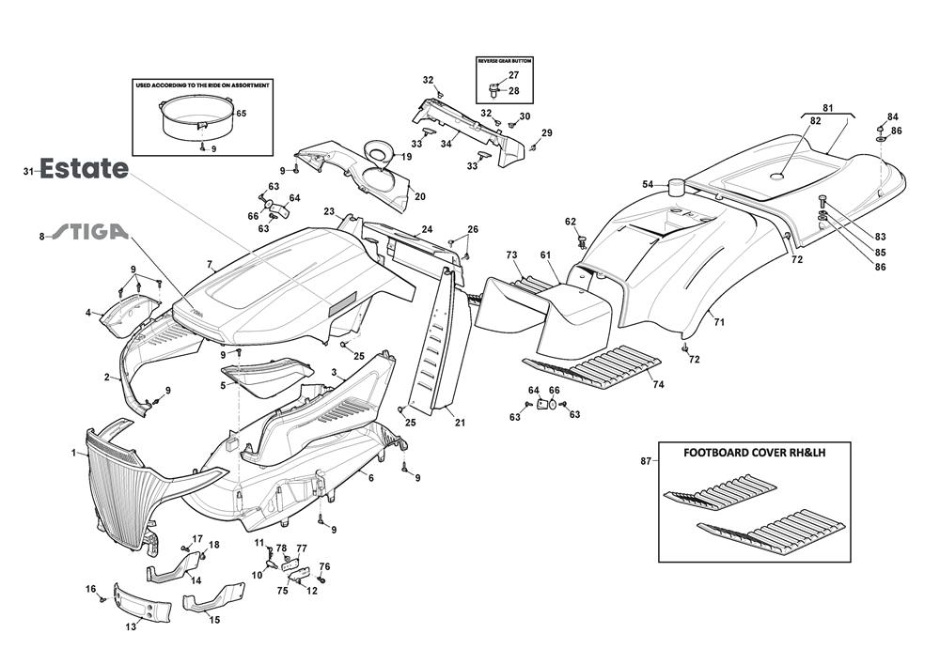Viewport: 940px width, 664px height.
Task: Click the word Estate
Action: click(x=84, y=169)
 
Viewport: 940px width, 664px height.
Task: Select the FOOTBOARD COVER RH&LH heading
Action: click(x=755, y=452)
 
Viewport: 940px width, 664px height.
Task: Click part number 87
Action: click(x=645, y=460)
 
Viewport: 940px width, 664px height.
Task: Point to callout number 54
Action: click(x=648, y=184)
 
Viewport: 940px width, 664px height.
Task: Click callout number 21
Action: click(x=460, y=423)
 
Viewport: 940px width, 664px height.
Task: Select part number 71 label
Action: click(x=719, y=322)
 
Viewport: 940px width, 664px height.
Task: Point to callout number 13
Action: click(x=131, y=626)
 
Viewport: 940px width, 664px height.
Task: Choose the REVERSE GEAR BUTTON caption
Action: click(x=505, y=60)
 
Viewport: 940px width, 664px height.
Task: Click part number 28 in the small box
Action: click(x=513, y=91)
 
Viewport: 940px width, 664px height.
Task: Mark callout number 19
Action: click(x=406, y=157)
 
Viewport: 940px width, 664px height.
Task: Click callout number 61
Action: click(x=545, y=255)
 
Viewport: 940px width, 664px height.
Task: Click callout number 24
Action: click(x=427, y=229)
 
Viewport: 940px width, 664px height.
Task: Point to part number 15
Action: click(x=214, y=620)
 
